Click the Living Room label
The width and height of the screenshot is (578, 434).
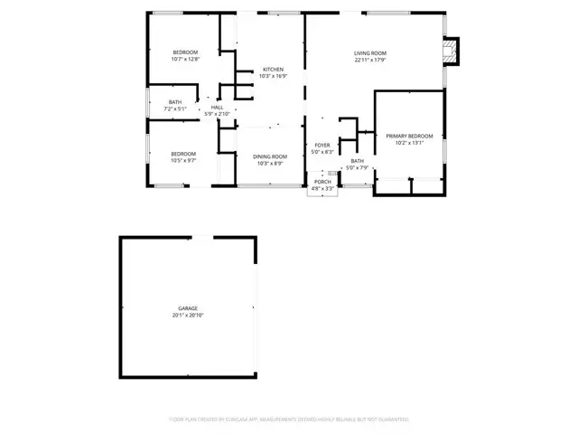(x=370, y=53)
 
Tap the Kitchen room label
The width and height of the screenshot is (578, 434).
(x=273, y=70)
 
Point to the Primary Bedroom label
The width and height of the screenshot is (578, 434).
(x=410, y=136)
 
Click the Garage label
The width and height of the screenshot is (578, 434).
(x=188, y=308)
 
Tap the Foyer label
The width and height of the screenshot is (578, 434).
(x=322, y=145)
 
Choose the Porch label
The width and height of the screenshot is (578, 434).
(x=322, y=182)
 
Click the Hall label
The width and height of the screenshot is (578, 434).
(x=217, y=108)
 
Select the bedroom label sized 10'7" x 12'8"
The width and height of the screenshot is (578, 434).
(x=185, y=52)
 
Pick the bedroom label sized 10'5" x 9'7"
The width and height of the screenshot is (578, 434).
(x=183, y=154)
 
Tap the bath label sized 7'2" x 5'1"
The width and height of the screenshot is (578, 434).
(x=174, y=102)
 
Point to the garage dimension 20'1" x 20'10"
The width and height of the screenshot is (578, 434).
(x=188, y=316)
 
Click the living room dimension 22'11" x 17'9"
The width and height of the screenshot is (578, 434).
(x=370, y=61)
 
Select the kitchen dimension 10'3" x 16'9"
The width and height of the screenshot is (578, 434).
(x=273, y=77)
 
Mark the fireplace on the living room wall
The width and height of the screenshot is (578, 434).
(x=452, y=51)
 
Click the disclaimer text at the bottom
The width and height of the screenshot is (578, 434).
(x=289, y=420)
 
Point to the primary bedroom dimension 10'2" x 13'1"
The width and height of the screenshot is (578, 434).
(x=410, y=143)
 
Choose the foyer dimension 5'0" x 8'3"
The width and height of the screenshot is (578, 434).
(x=322, y=152)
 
